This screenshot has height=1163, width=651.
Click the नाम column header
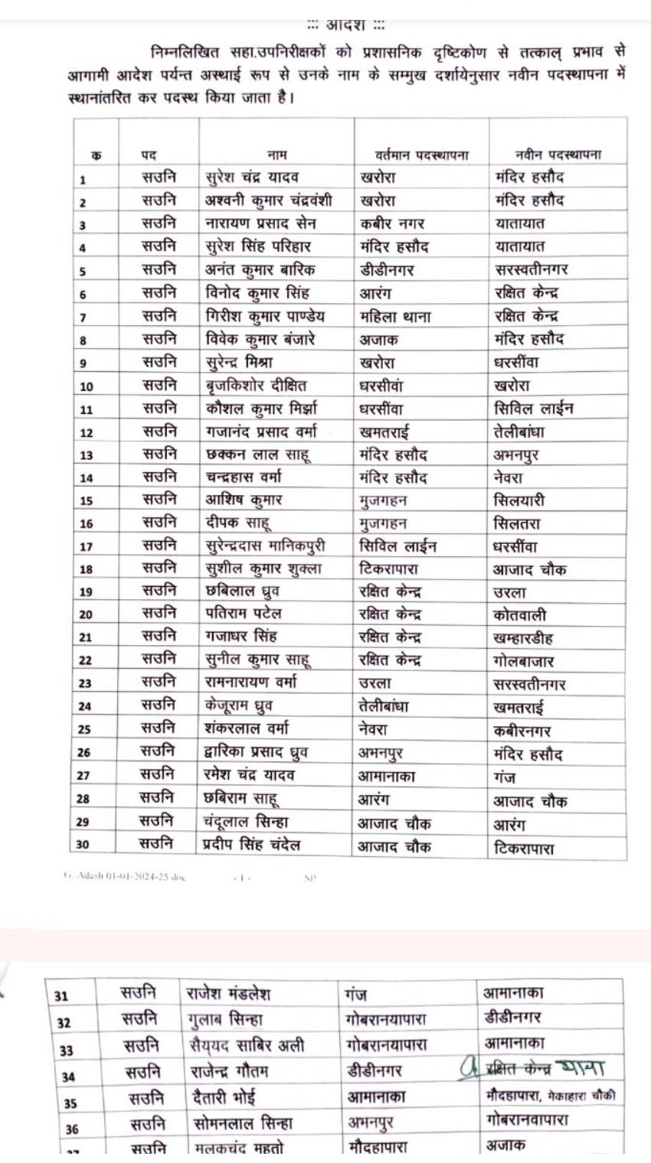tap(276, 155)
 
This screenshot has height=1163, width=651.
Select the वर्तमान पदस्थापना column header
tap(422, 155)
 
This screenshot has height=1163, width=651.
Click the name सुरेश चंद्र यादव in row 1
tap(252, 178)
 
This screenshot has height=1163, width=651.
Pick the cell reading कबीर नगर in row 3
tap(392, 223)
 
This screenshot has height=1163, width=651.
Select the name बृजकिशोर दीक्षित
tap(256, 385)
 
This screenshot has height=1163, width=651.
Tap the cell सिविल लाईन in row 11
tap(534, 408)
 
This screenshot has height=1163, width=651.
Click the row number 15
tap(87, 501)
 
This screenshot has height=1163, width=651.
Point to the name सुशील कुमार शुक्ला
tap(263, 569)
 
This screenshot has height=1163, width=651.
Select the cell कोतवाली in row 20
tap(520, 615)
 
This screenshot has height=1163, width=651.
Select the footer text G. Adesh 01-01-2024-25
tap(124, 877)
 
